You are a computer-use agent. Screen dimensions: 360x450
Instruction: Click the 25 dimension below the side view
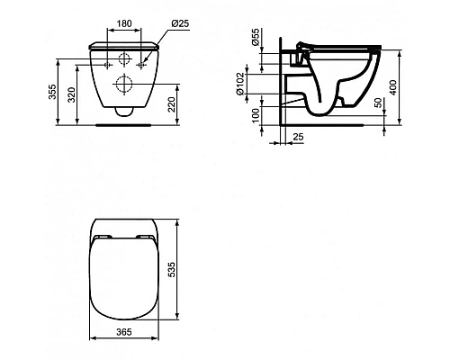pos(298,136)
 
